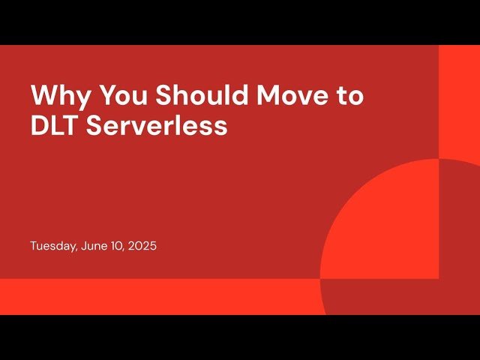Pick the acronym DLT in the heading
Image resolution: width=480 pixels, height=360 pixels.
[x=55, y=125]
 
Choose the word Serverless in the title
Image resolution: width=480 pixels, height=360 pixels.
[x=157, y=125]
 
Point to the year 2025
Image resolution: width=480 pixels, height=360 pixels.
[x=142, y=246]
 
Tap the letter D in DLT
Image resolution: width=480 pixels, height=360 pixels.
[x=39, y=125]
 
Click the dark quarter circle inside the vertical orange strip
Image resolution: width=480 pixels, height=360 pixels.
[x=457, y=225]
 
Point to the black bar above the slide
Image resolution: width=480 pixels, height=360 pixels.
[x=240, y=22]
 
